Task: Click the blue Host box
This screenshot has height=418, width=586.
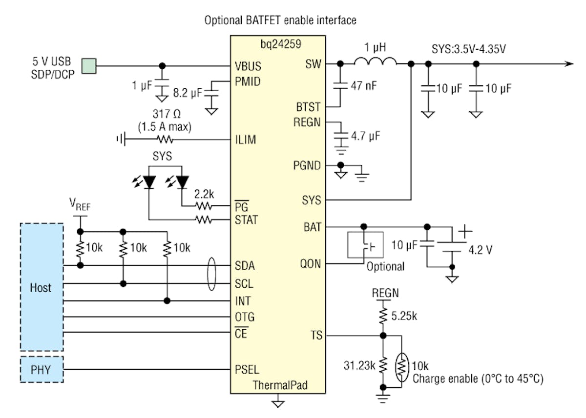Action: click(42, 287)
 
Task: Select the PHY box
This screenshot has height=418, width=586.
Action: click(42, 369)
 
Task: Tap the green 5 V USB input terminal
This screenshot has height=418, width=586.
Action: click(89, 65)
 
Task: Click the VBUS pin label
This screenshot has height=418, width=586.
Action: click(248, 65)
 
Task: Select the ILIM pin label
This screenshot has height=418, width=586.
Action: click(245, 140)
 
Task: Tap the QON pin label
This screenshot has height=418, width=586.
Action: click(312, 264)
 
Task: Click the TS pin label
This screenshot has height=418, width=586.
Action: click(316, 335)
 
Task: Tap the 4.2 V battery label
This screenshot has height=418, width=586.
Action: click(481, 250)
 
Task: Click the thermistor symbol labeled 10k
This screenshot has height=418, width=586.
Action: click(401, 367)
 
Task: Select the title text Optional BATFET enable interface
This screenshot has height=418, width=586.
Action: click(280, 20)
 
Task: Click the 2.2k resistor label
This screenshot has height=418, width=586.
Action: click(203, 194)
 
